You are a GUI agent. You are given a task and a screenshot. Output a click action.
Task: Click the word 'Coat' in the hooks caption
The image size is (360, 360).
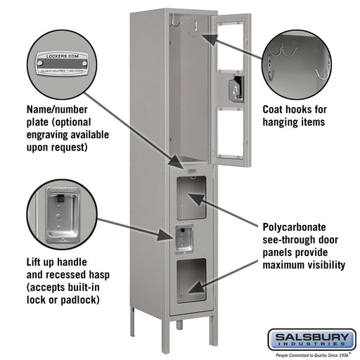tap(275, 110)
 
